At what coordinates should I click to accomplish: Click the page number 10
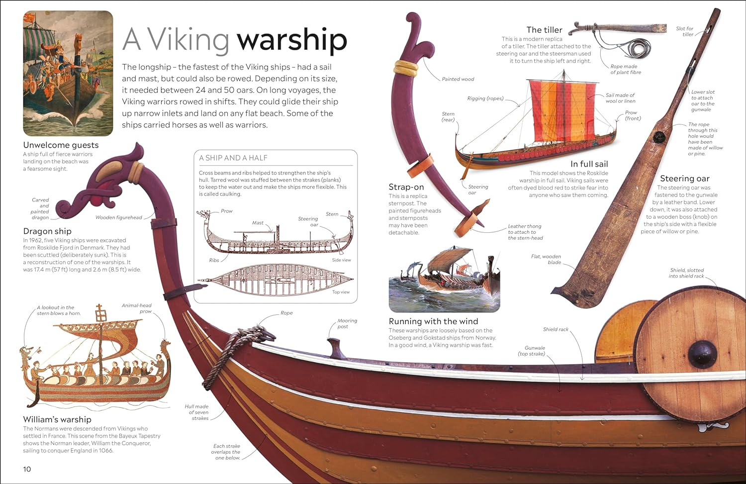tap(27, 469)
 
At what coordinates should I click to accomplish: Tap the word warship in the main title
tap(291, 40)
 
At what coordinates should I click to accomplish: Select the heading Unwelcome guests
tap(61, 145)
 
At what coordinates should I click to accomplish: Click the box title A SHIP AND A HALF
tap(233, 158)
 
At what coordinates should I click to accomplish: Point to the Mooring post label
tap(347, 323)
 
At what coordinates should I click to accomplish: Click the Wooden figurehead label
tap(118, 217)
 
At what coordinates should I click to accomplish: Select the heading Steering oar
tap(684, 179)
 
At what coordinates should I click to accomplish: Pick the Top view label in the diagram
tap(341, 292)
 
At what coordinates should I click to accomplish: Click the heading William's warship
tap(57, 419)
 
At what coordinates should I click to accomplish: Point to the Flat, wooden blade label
tap(546, 259)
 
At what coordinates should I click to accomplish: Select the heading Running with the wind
tap(433, 321)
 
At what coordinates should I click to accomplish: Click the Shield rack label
tap(556, 329)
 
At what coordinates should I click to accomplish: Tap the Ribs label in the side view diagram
tap(214, 260)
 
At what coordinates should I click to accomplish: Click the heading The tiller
tap(544, 30)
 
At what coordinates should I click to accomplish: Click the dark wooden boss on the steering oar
tap(660, 137)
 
